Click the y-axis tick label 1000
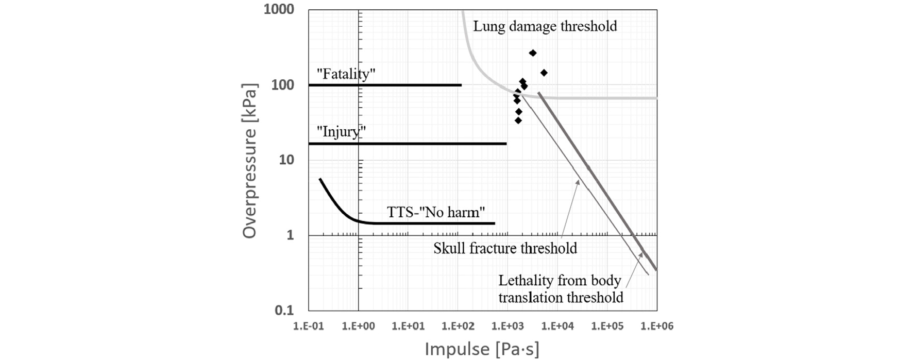[x=279, y=9]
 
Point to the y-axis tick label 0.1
[x=284, y=310]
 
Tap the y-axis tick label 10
[x=286, y=160]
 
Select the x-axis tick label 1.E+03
[x=507, y=326]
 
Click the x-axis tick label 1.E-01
[x=308, y=326]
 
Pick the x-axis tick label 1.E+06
[x=656, y=326]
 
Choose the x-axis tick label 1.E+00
[x=358, y=326]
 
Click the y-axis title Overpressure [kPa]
[x=249, y=161]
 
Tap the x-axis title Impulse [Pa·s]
[x=482, y=349]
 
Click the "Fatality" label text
[x=345, y=74]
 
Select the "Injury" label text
[x=341, y=132]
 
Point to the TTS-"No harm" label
[x=436, y=212]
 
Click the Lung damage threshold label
[x=545, y=26]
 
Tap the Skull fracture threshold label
[x=505, y=248]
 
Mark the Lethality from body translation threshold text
[x=561, y=289]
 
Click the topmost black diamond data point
[x=533, y=53]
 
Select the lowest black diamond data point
[x=518, y=121]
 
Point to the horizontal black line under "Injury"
[x=407, y=143]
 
